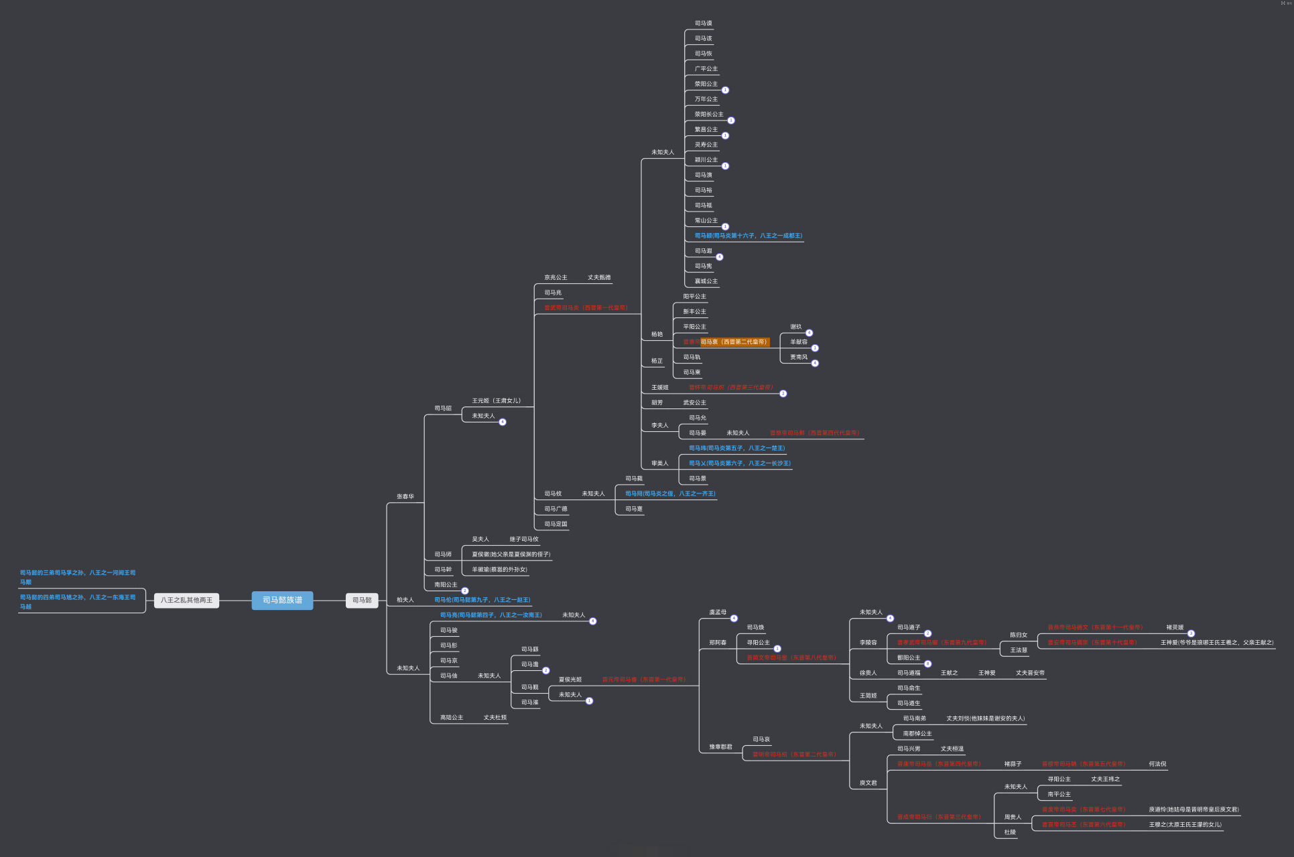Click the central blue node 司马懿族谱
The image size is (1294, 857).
[282, 601]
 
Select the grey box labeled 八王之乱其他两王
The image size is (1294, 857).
[186, 601]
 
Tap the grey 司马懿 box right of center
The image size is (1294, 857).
[362, 601]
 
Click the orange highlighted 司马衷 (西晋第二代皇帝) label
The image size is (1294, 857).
[733, 342]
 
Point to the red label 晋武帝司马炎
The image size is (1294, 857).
[585, 308]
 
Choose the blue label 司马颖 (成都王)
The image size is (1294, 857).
[748, 236]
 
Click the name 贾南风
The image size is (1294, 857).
[798, 358]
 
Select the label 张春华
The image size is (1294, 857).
[405, 497]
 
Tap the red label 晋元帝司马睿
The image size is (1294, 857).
[643, 680]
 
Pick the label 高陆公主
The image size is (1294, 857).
[451, 718]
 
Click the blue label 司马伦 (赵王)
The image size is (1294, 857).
[482, 600]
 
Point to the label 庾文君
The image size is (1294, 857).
[868, 783]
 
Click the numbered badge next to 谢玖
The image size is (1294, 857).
[809, 333]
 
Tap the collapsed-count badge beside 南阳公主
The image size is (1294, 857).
[465, 591]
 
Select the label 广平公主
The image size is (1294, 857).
[706, 69]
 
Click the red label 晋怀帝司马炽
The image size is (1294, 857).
[730, 388]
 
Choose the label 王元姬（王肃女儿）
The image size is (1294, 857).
[496, 401]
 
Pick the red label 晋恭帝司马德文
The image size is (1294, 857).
[1095, 628]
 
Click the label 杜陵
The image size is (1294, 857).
[1010, 832]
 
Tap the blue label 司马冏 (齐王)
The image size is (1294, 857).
[670, 494]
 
